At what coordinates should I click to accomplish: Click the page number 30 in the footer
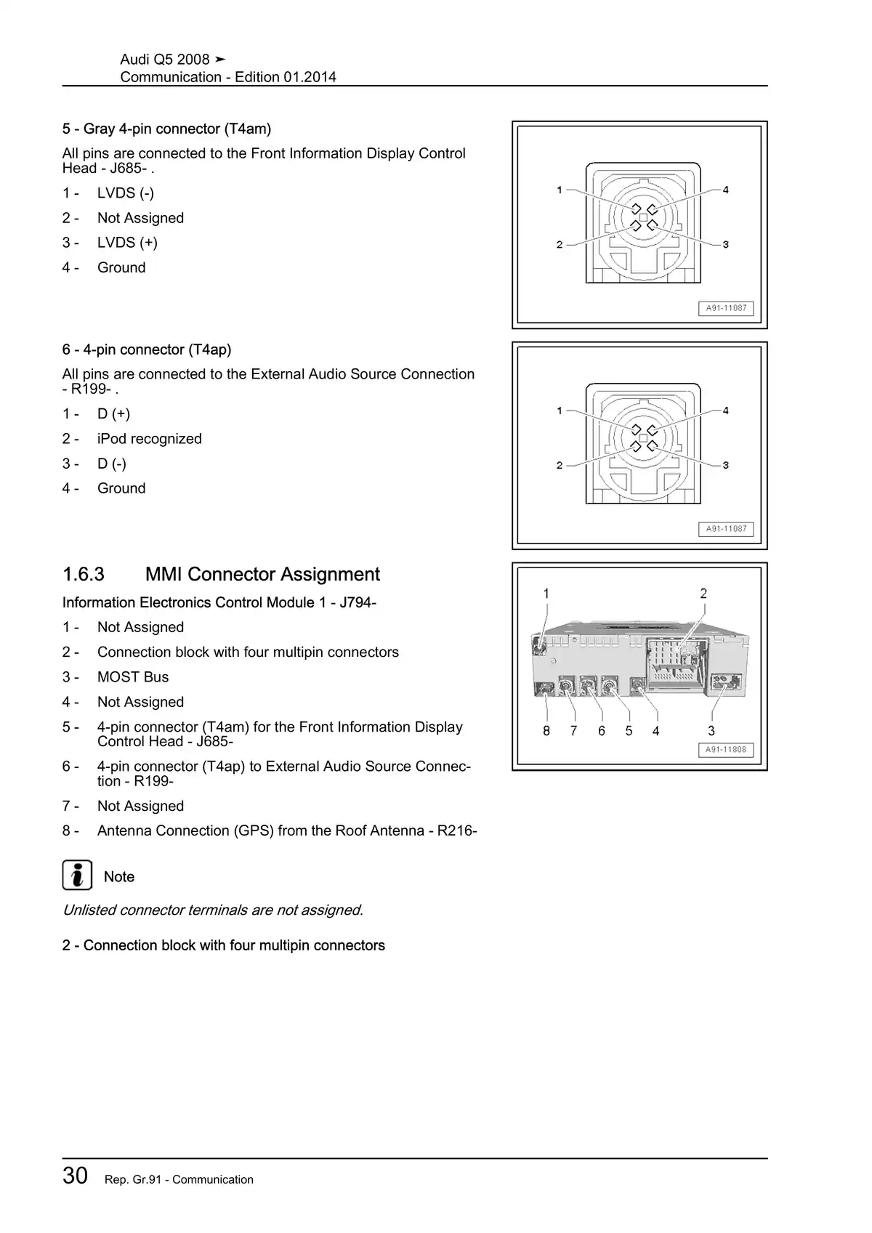click(x=76, y=1176)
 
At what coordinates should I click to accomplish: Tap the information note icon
click(x=77, y=875)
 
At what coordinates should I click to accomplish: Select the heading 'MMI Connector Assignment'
click(x=262, y=574)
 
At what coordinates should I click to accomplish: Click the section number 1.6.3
click(x=84, y=574)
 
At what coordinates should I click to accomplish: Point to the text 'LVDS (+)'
click(x=127, y=243)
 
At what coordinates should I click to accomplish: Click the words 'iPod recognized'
click(x=149, y=439)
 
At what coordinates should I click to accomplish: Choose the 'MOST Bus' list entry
click(x=133, y=677)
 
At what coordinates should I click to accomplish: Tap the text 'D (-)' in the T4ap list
click(x=112, y=464)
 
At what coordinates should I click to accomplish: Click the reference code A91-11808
click(x=726, y=750)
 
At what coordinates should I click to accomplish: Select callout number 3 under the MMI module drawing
click(x=711, y=731)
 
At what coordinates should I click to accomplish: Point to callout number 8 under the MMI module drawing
click(x=546, y=731)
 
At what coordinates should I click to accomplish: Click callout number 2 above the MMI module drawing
click(x=703, y=594)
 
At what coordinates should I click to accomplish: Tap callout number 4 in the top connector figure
click(x=725, y=190)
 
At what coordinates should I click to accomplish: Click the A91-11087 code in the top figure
click(x=726, y=308)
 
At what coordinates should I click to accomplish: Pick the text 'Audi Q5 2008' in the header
click(x=165, y=60)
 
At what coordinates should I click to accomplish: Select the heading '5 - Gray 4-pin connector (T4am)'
click(x=166, y=129)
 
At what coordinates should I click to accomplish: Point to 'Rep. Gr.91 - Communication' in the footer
click(x=179, y=1179)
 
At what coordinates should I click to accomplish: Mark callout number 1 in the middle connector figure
click(x=560, y=411)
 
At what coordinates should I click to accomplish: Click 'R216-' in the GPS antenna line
click(x=457, y=830)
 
